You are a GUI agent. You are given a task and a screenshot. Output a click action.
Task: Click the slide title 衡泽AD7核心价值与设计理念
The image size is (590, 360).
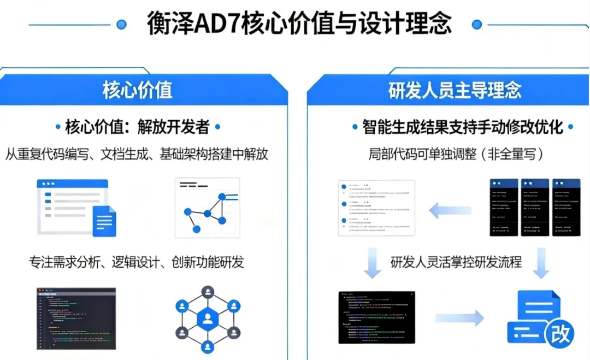(x=299, y=23)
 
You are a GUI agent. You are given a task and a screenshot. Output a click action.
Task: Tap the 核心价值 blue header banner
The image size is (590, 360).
(x=137, y=90)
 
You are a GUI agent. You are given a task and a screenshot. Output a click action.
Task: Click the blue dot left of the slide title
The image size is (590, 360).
(x=121, y=24)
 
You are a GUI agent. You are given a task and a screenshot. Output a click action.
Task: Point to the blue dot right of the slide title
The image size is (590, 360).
(x=477, y=24)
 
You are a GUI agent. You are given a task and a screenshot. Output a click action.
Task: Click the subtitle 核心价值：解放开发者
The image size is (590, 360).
(x=137, y=127)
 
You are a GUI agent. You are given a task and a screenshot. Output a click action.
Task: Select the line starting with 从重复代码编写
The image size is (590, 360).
(x=137, y=154)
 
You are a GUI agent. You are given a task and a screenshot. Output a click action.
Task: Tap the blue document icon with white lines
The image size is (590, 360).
(x=104, y=221)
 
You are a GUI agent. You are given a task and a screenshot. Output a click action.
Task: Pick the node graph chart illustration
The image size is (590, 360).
(x=208, y=208)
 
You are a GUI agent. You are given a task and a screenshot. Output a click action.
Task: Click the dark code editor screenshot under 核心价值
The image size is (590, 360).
(x=76, y=318)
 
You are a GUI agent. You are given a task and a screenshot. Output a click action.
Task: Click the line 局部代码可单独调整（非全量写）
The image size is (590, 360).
(x=456, y=154)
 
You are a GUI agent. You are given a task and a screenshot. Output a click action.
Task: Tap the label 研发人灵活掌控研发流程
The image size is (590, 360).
(x=456, y=262)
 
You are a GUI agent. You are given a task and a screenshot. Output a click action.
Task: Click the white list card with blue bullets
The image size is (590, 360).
(x=376, y=208)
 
